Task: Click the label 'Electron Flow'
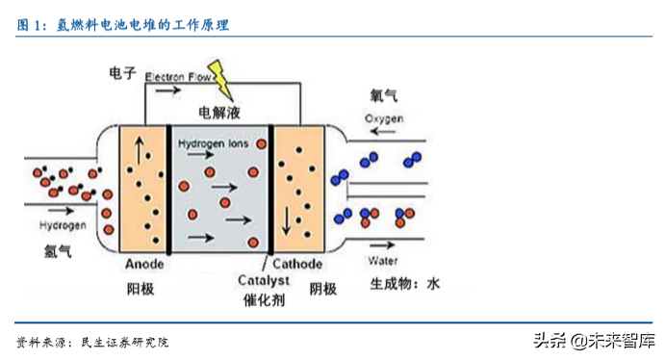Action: [178, 76]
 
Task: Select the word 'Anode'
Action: [145, 264]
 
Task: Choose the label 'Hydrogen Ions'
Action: [214, 143]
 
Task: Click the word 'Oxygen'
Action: [385, 118]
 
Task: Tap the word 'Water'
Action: [383, 261]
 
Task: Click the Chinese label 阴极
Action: [322, 288]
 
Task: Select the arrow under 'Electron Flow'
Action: [166, 90]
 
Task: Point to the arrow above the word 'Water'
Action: [382, 244]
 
